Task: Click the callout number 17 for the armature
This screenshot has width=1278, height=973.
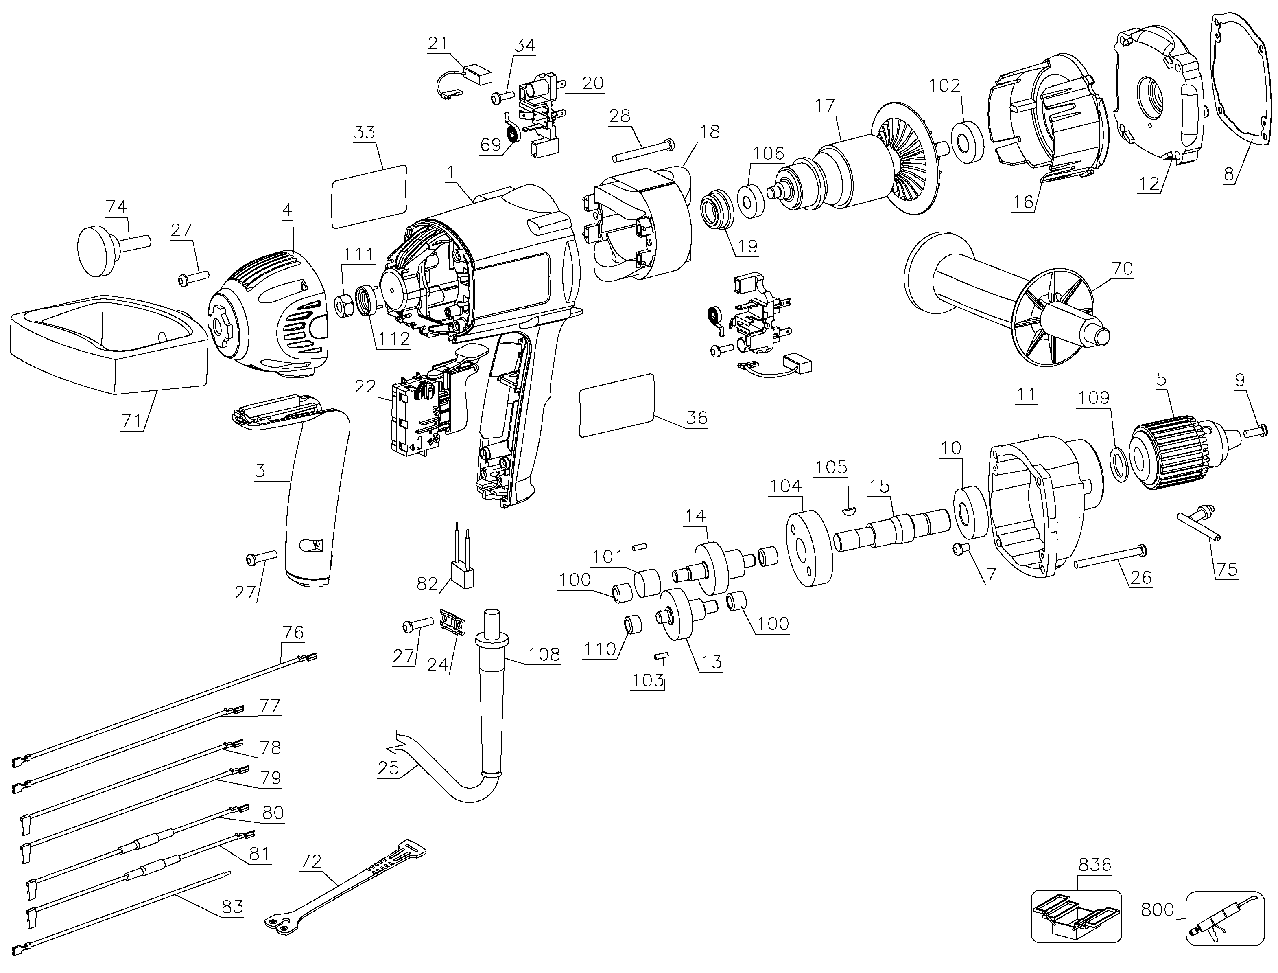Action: click(x=826, y=105)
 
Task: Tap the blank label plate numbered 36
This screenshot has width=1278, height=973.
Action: click(x=616, y=404)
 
